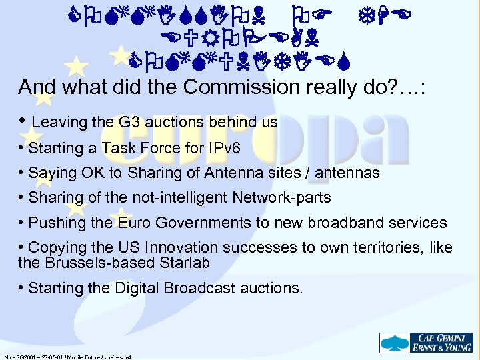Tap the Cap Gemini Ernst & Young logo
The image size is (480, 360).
(x=427, y=343)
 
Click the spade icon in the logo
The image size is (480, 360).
(x=389, y=343)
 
